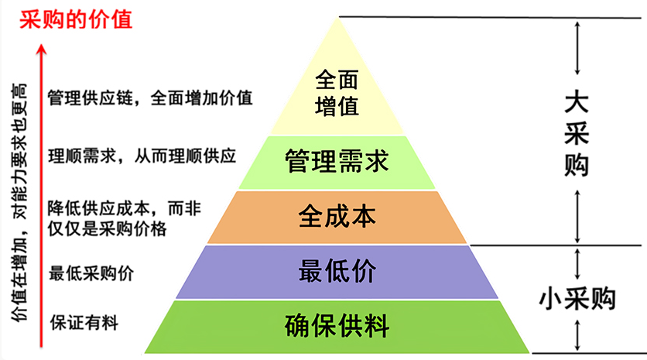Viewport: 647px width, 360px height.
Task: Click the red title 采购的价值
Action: (x=76, y=18)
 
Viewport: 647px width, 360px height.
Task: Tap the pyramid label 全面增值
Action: (x=337, y=92)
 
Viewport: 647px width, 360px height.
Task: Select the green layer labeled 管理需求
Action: (x=337, y=163)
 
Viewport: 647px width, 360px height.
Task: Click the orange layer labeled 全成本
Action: (x=337, y=216)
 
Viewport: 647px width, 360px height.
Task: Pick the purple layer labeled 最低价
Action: (x=337, y=272)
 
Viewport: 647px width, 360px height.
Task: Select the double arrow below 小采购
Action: (x=577, y=334)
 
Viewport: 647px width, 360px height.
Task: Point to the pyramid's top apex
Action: (x=337, y=17)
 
